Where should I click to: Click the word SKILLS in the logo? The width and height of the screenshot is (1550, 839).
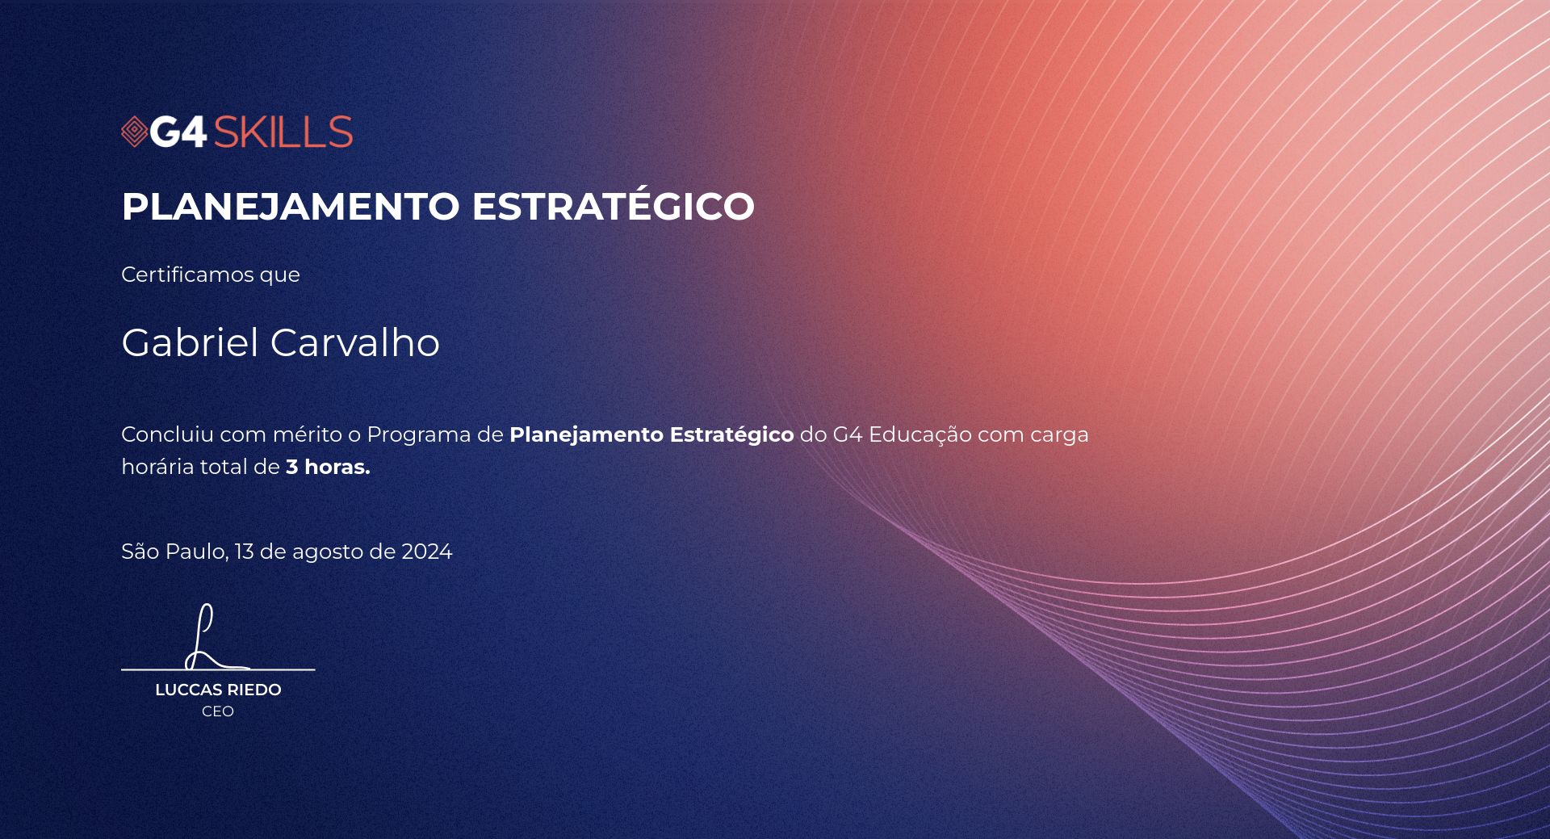283,132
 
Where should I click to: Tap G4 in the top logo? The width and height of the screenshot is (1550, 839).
178,132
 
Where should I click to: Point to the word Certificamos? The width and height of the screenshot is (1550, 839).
187,275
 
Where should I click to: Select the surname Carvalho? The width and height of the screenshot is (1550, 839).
355,342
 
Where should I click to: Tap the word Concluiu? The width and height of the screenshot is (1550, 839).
168,434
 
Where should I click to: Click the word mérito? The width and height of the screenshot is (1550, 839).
308,434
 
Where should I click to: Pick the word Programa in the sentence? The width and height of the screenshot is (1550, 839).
419,435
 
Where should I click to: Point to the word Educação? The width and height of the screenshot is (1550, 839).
920,436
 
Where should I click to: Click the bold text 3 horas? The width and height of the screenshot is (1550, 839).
328,467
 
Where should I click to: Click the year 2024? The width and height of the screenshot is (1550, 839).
427,552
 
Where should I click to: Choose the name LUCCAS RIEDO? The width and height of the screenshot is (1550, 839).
218,690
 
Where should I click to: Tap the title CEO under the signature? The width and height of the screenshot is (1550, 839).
218,711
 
